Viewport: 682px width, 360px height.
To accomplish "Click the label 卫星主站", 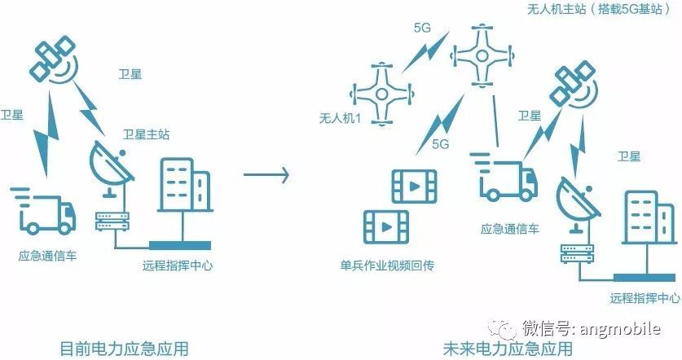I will pyautogui.click(x=146, y=134).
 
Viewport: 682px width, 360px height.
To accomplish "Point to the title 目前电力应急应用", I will pyautogui.click(x=125, y=348).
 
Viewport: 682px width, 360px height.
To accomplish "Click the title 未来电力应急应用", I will pyautogui.click(x=508, y=348).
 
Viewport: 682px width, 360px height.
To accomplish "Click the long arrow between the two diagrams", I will pyautogui.click(x=266, y=174).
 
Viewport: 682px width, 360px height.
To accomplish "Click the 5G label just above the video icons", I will pyautogui.click(x=441, y=143).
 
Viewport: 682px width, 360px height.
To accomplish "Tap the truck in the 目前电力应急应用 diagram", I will pyautogui.click(x=44, y=210).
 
